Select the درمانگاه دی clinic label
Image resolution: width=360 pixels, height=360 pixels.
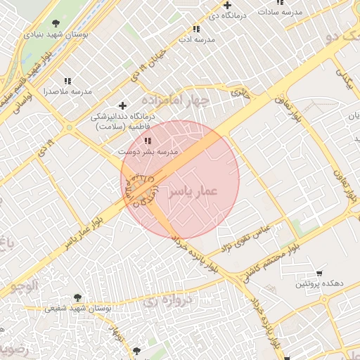coord(227,14)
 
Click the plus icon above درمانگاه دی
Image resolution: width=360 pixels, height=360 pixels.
coord(227,5)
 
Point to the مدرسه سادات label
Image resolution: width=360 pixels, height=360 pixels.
coord(281,12)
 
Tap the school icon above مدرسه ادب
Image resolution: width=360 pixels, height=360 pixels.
coord(196,29)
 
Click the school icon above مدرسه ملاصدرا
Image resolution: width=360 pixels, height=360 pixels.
coord(67,82)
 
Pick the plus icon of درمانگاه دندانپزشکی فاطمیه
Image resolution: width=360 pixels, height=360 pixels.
coord(124,105)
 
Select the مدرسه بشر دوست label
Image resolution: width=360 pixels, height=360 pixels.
coord(148,151)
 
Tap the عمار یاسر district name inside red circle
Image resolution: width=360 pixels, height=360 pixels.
coord(192,191)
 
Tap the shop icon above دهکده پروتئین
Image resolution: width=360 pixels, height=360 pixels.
coord(319,274)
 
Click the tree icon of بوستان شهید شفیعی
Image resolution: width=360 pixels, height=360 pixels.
coord(77,297)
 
